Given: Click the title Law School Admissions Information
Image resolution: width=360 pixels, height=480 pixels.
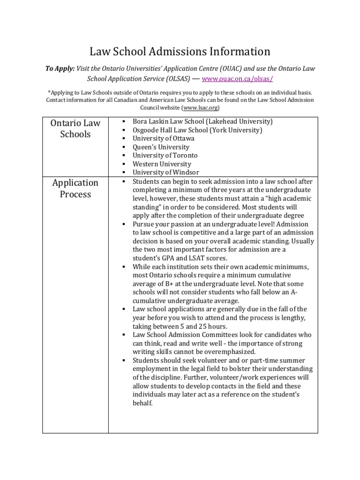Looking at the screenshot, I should coord(180,51).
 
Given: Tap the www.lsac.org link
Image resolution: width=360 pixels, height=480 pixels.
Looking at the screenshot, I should coord(197,107).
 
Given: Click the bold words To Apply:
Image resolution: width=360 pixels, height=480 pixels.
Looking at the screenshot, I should coord(60,68).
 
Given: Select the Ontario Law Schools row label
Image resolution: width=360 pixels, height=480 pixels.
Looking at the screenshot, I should coord(75,128).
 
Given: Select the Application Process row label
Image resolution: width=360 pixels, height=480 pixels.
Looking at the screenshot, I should coord(75,188).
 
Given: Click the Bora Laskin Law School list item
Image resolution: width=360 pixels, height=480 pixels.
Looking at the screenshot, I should coord(202,121).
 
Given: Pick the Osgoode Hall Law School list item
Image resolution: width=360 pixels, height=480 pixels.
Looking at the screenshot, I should coord(197,130).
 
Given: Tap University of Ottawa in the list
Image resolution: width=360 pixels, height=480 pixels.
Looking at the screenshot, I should coord(163,138).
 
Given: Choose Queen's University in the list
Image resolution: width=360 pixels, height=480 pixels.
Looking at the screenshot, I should coord(161,147).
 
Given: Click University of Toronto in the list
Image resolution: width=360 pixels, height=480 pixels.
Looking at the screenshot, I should coord(165,155).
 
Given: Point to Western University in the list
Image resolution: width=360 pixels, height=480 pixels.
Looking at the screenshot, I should coord(162,164).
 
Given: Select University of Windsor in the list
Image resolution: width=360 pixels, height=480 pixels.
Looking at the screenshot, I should coord(165,172).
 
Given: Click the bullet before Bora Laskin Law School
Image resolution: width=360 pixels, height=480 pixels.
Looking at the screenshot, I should coord(123,122).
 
